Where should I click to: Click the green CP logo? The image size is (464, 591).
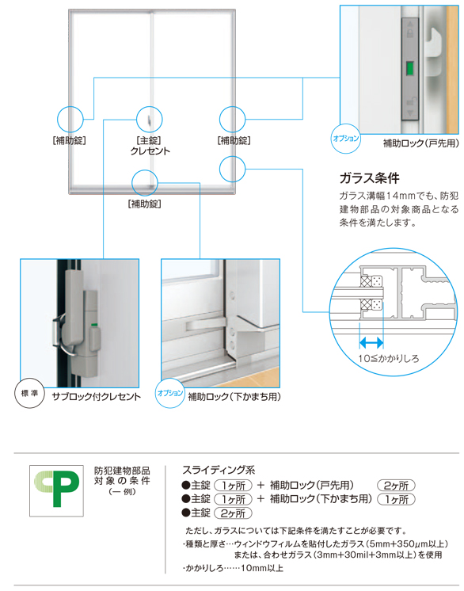(x=56, y=490)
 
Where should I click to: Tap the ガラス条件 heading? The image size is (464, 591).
(x=369, y=178)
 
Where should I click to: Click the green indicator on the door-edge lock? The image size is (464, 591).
(x=409, y=68)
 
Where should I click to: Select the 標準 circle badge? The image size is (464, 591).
(x=29, y=393)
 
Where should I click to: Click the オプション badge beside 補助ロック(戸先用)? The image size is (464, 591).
(x=345, y=139)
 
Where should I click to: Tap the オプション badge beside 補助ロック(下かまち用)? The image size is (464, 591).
(x=170, y=393)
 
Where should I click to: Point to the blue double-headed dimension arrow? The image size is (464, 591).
(x=371, y=342)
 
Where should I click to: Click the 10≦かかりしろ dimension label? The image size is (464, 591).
(x=388, y=358)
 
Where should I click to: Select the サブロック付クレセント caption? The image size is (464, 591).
(x=96, y=397)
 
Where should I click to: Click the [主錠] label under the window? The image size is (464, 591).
(x=149, y=140)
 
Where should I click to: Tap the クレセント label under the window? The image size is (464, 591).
(x=150, y=151)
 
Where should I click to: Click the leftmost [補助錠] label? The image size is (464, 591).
(x=70, y=140)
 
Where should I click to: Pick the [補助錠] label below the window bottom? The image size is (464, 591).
(x=145, y=204)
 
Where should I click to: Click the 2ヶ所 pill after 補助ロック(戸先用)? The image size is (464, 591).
(x=396, y=486)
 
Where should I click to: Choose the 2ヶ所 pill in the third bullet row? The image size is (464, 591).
(x=233, y=513)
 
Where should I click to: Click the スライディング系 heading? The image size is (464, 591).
(x=219, y=470)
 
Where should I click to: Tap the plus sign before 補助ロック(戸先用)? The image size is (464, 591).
(x=261, y=485)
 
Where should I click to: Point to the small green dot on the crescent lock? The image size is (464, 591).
(x=93, y=325)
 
